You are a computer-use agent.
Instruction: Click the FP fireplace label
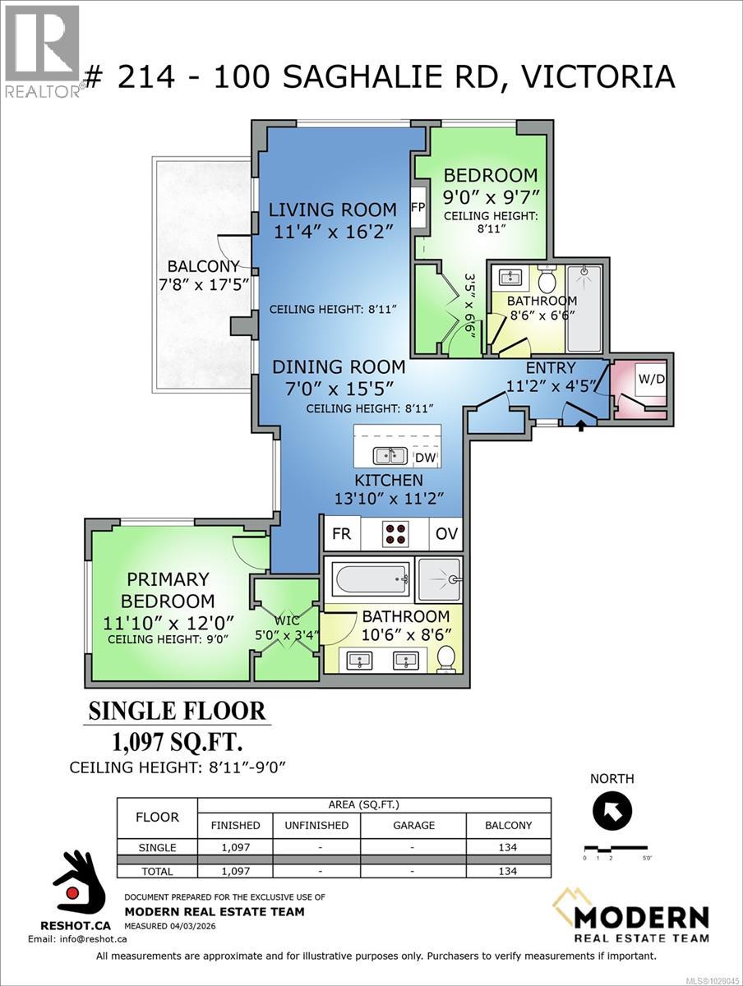(x=418, y=208)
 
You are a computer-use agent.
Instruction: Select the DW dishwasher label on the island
(x=426, y=457)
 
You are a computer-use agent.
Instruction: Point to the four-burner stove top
(x=395, y=533)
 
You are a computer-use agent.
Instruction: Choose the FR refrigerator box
(x=342, y=534)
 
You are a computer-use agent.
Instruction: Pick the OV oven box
(x=446, y=534)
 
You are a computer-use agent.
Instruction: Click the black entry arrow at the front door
(x=583, y=425)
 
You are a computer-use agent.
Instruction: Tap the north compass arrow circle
(x=612, y=813)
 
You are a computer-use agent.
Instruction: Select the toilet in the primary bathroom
(x=446, y=658)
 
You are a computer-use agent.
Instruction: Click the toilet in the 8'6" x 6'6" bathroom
(x=547, y=279)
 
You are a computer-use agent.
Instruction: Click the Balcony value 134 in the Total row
(x=510, y=871)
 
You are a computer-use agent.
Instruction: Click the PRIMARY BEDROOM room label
(x=168, y=590)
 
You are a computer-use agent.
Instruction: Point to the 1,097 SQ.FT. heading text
(x=177, y=743)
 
